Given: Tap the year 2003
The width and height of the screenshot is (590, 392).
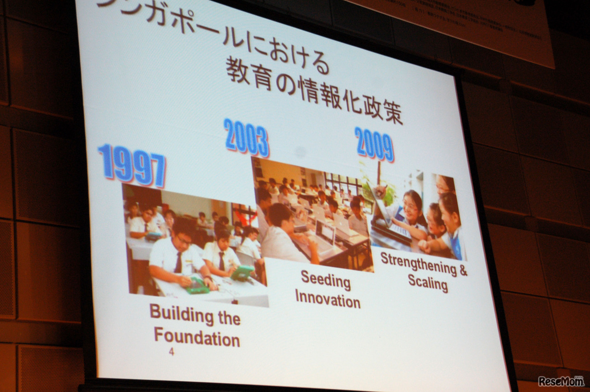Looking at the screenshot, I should coord(246,137).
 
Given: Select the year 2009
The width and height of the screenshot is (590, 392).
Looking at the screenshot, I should coord(374,144).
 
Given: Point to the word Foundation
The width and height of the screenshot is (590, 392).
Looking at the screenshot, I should coord(197,337).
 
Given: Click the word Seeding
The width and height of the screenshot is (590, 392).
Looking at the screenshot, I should coord(326,280).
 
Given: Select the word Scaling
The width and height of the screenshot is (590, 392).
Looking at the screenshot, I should coord(428,282).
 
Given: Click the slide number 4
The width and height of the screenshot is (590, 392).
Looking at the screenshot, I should coord(171,353).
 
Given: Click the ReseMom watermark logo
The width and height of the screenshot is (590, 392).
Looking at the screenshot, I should coord(561,381).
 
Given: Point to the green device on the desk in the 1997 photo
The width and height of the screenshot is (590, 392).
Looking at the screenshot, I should coord(198,286).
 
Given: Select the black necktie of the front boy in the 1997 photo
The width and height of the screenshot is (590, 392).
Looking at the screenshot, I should coord(178,263).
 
